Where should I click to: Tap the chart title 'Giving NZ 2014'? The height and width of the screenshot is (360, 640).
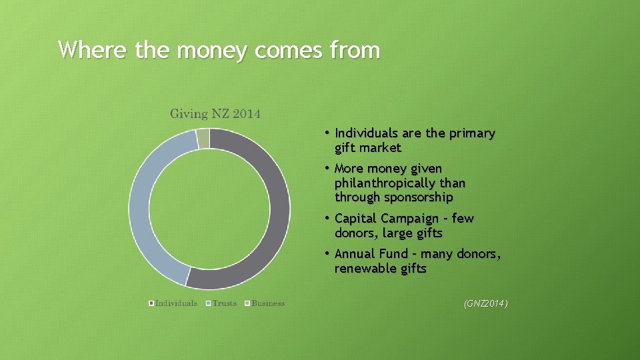pos(215,113)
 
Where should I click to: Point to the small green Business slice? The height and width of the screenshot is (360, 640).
pos(203,139)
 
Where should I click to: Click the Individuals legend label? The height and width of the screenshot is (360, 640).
pos(176,303)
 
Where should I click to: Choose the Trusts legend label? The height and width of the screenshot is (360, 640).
pos(224,303)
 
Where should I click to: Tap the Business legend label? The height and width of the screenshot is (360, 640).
pos(268,303)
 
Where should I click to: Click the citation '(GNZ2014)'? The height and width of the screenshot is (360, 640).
pos(485,304)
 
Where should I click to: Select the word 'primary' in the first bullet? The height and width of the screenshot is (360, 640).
pos(472,133)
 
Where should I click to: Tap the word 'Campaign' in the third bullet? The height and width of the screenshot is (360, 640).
pos(414,219)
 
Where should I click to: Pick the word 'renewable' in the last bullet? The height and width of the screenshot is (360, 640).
pos(365,269)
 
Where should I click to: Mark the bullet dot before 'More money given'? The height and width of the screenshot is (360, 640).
pos(328,168)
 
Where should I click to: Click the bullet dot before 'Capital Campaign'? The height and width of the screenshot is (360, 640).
pos(328,218)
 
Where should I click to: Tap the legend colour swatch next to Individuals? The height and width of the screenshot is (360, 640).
pos(151,303)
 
